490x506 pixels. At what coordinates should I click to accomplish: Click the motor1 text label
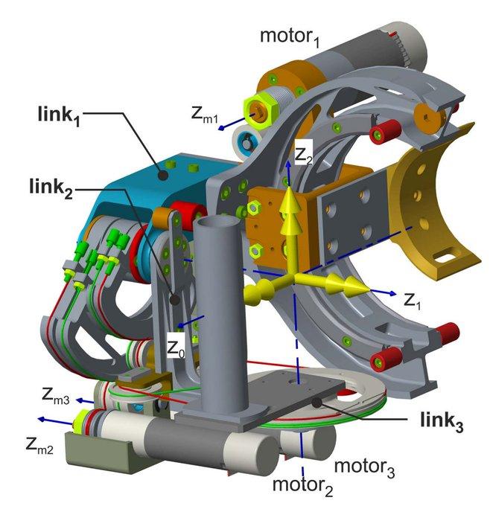coord(290,37)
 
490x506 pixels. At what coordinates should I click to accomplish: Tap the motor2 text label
coord(302,485)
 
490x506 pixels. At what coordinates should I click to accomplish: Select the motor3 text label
coord(364,467)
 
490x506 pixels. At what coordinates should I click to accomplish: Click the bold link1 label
coord(59,115)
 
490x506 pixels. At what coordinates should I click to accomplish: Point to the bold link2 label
coord(51,188)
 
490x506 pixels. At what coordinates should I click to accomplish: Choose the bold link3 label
coord(442,421)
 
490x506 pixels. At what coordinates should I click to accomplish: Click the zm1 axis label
coord(205,115)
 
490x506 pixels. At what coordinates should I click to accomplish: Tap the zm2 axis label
coord(39,446)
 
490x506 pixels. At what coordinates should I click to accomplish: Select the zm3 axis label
coord(56,396)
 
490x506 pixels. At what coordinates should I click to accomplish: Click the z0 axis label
coord(176,349)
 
